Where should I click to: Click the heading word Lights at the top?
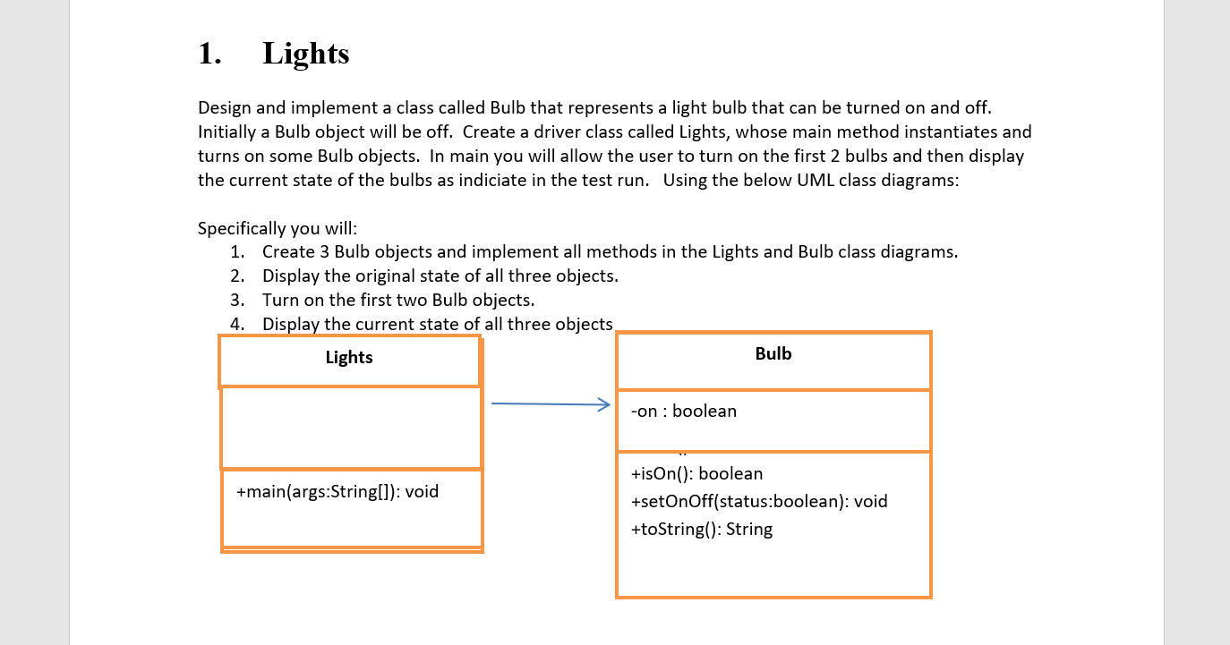(x=305, y=54)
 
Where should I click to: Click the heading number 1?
(x=209, y=54)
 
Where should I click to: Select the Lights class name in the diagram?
(x=349, y=358)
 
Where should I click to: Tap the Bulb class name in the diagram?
(x=773, y=354)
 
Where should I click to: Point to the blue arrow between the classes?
(x=550, y=404)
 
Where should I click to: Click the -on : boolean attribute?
(x=684, y=412)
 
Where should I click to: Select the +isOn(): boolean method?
(x=696, y=474)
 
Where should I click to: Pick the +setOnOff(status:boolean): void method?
(x=759, y=502)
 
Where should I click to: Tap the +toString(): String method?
(x=702, y=530)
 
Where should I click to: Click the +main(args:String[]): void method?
(x=337, y=492)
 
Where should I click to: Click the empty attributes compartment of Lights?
(x=351, y=428)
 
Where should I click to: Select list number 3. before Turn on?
(x=237, y=301)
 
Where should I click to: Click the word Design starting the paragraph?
(x=225, y=108)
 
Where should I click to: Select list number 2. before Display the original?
(x=237, y=276)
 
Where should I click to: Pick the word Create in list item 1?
(x=288, y=252)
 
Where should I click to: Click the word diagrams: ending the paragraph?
(x=921, y=181)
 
